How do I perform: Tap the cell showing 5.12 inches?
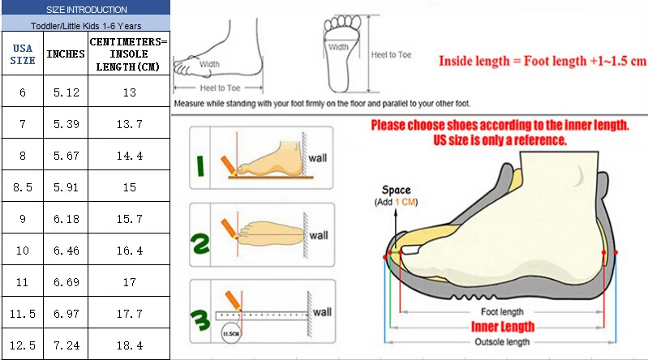click(x=66, y=92)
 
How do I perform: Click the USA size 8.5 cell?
click(x=22, y=186)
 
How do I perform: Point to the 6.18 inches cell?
click(x=66, y=219)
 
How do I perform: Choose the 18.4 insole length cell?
click(x=129, y=345)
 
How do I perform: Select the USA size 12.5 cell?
click(x=22, y=345)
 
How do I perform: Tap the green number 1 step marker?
click(x=200, y=165)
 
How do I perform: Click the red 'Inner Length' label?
click(x=503, y=327)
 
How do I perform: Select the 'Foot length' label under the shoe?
click(x=503, y=311)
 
